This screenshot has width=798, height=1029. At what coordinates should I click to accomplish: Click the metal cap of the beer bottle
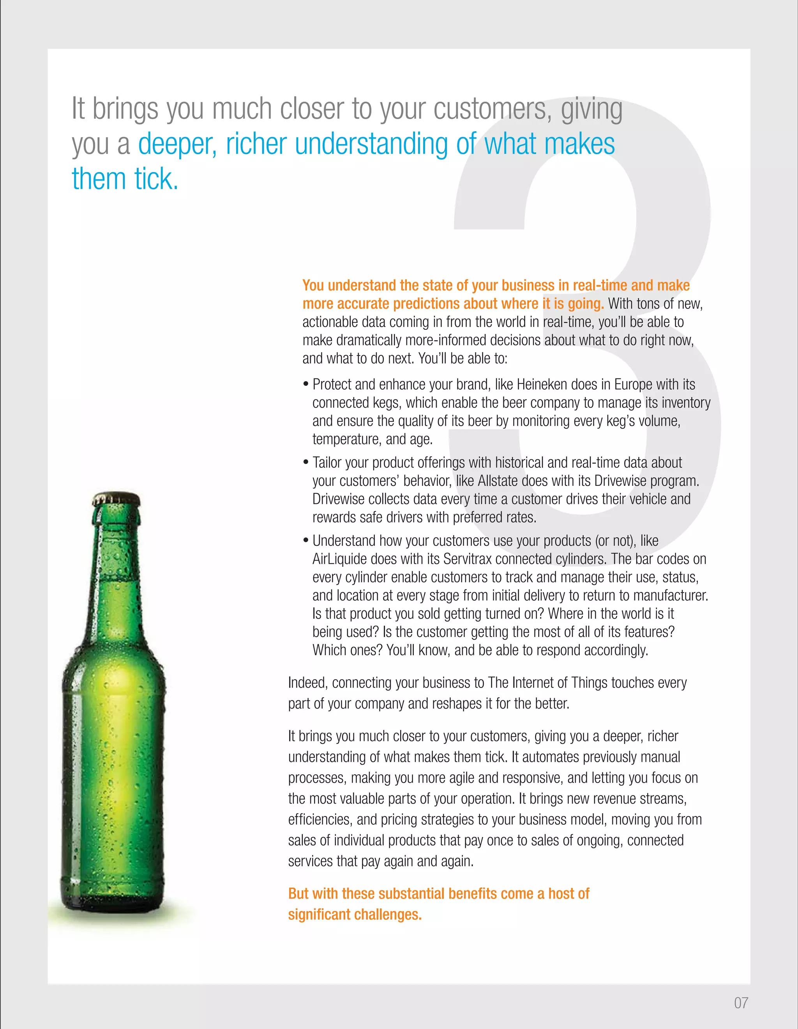[x=116, y=499]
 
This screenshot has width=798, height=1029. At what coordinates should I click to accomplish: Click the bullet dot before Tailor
[x=305, y=463]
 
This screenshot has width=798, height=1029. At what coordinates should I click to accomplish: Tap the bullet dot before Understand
[x=305, y=541]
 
